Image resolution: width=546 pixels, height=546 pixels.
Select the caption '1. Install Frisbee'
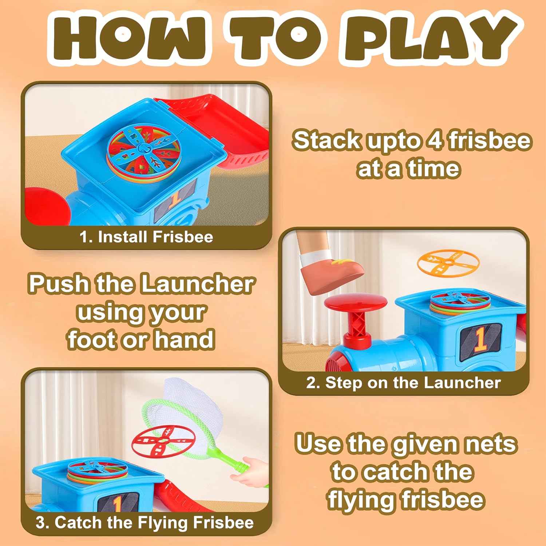click(x=146, y=237)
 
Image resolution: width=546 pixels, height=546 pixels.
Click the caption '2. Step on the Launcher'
click(x=403, y=383)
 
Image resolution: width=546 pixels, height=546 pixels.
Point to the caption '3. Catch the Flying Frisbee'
click(x=145, y=523)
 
